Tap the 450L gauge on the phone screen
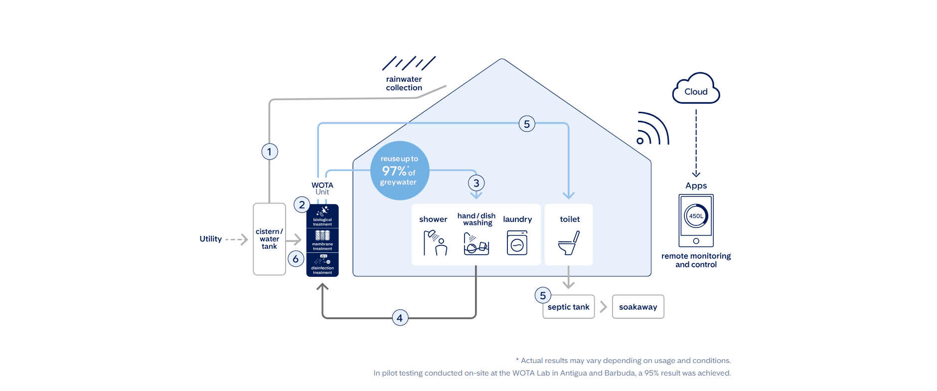696,216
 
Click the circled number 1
270,152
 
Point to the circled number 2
302,204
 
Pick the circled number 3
476,183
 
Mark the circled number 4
400,318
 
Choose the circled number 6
296,259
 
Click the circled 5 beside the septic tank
543,295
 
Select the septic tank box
569,307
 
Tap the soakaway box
638,307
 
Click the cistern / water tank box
269,239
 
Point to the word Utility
210,239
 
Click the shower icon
435,242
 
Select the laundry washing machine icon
517,243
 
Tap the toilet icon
569,243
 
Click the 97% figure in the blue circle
394,171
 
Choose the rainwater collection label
404,83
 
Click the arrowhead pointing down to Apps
696,174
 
